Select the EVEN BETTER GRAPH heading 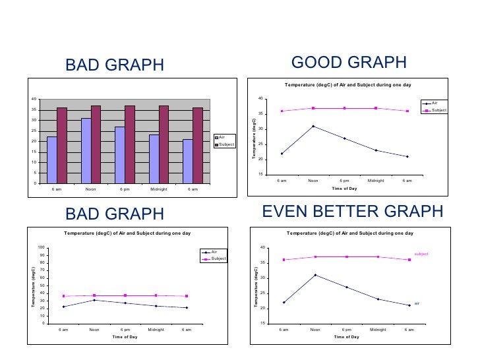point(353,212)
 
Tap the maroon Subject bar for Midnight point(164,144)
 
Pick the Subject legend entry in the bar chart point(225,144)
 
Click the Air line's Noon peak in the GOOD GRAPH point(313,126)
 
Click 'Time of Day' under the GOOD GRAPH point(344,188)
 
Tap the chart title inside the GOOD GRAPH point(347,85)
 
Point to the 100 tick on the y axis point(42,247)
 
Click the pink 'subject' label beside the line point(421,254)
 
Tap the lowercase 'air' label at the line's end point(417,303)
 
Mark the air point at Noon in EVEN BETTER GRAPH point(315,275)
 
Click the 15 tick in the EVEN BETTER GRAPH point(262,324)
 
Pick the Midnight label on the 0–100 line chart point(156,328)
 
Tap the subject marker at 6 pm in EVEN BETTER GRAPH point(347,256)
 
